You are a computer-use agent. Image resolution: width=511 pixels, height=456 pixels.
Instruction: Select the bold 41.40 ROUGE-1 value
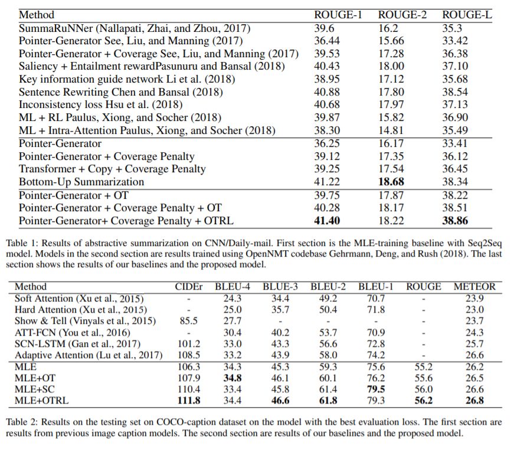[x=329, y=221]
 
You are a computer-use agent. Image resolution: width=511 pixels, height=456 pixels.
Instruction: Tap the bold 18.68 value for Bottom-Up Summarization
[x=392, y=182]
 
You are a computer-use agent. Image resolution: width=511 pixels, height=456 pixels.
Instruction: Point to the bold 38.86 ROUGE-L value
[x=457, y=221]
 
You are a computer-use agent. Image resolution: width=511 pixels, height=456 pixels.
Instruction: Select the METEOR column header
[x=474, y=287]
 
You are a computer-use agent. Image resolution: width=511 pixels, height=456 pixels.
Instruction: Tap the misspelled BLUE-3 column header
[x=281, y=287]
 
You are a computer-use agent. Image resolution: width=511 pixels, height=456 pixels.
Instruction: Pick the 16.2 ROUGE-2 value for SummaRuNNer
[x=387, y=28]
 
